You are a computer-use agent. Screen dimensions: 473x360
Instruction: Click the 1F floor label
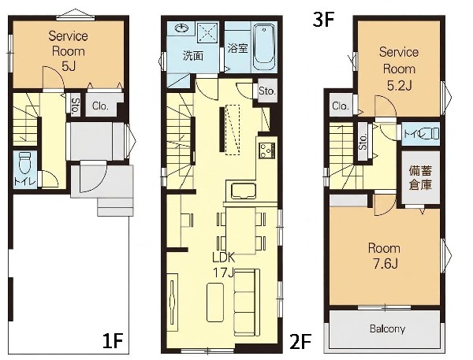pyautogui.click(x=113, y=341)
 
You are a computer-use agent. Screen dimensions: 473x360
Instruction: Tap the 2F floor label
pyautogui.click(x=300, y=341)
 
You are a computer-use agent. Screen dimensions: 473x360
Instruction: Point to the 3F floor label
pyautogui.click(x=323, y=20)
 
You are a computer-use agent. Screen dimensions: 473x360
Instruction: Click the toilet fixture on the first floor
pyautogui.click(x=24, y=163)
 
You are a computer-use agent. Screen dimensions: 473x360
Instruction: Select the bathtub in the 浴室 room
pyautogui.click(x=264, y=47)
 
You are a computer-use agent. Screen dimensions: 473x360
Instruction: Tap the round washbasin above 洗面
pyautogui.click(x=181, y=28)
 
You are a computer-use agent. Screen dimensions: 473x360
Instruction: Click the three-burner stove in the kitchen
pyautogui.click(x=267, y=150)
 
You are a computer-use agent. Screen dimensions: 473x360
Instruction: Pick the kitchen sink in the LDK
pyautogui.click(x=244, y=191)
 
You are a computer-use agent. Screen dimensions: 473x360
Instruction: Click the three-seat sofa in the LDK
pyautogui.click(x=247, y=302)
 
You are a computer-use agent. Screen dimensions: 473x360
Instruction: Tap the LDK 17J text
pyautogui.click(x=224, y=265)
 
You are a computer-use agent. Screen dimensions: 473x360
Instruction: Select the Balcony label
pyautogui.click(x=387, y=328)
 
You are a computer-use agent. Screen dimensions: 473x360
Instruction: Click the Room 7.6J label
pyautogui.click(x=385, y=256)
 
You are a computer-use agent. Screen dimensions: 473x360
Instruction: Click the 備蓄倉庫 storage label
pyautogui.click(x=420, y=178)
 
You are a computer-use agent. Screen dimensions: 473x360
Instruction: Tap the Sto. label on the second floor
pyautogui.click(x=267, y=91)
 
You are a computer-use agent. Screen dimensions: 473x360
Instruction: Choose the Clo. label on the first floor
pyautogui.click(x=100, y=106)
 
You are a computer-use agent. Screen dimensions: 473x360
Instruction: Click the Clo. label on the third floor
pyautogui.click(x=341, y=106)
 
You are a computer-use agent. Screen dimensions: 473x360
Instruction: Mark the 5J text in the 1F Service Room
pyautogui.click(x=68, y=66)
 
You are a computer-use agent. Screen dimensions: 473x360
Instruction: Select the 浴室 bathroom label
pyautogui.click(x=238, y=48)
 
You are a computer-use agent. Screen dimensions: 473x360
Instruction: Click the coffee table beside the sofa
pyautogui.click(x=214, y=302)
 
